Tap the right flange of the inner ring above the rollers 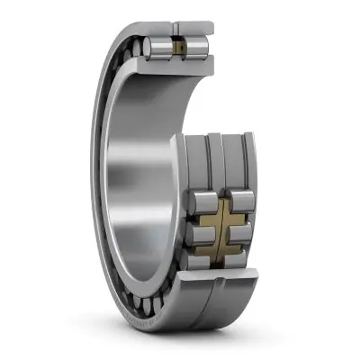tap(247, 162)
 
